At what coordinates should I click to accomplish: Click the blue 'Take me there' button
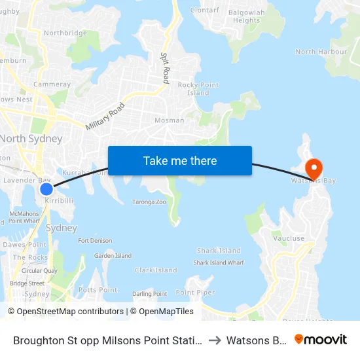click(180, 160)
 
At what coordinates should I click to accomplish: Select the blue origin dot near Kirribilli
click(46, 189)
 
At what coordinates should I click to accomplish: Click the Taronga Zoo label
click(149, 202)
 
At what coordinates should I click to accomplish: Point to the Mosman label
click(169, 120)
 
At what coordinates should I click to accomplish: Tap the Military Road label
click(105, 117)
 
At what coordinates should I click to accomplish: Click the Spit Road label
click(165, 67)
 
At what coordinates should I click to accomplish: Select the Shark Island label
click(219, 251)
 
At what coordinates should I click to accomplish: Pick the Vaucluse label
click(289, 238)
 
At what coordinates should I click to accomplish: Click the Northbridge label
click(65, 33)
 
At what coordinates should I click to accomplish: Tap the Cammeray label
click(52, 84)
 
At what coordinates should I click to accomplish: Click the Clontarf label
click(204, 10)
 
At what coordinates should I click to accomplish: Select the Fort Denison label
click(95, 241)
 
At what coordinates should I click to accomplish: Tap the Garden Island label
click(113, 256)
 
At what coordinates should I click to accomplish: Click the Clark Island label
click(156, 270)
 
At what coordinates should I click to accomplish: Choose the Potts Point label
click(98, 289)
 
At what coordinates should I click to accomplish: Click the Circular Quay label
click(39, 270)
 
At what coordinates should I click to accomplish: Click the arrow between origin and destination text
click(215, 340)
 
